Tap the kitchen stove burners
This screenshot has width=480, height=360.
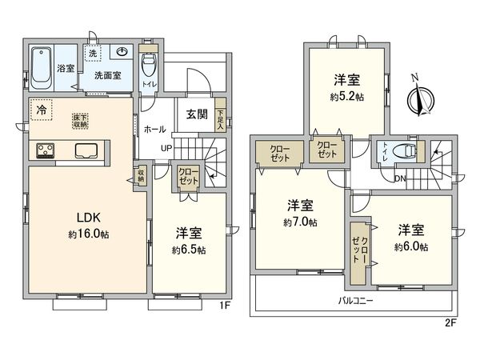pos(45,150)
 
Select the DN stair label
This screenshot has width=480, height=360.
pos(398,178)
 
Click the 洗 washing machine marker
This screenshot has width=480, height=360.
pos(93,53)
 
